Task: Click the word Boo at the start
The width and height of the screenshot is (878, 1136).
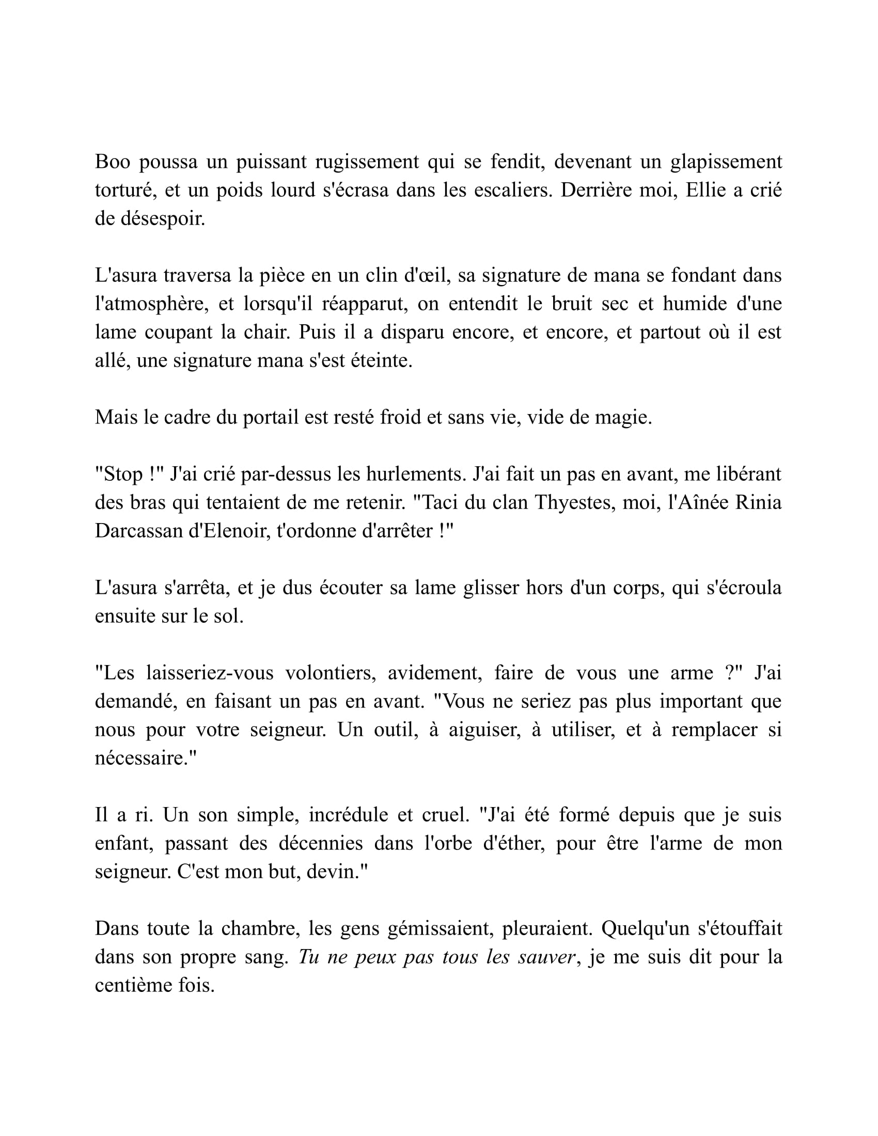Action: [113, 162]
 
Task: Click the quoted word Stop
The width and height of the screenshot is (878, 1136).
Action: [123, 474]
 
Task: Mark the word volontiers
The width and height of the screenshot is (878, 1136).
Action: [331, 673]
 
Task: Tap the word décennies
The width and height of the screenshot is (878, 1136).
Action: [320, 843]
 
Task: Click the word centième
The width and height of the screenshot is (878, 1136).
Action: [133, 986]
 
